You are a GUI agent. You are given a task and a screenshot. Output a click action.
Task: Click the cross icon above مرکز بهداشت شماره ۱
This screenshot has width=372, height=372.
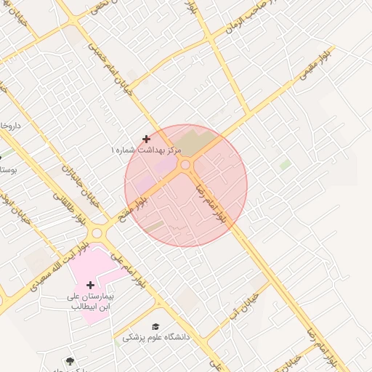coord(147,138)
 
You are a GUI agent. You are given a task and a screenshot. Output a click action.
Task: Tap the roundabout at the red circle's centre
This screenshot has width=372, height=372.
coord(186,166)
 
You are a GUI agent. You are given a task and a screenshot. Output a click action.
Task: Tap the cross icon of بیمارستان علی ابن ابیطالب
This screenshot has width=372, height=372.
coord(90,285)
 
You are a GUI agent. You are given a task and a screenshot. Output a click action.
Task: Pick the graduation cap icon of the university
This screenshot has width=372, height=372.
coord(155,327)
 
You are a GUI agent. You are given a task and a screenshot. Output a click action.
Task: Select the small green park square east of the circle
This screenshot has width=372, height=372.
coord(285,166)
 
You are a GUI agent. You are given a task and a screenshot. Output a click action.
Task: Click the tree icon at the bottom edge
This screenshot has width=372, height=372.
coord(69,361)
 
